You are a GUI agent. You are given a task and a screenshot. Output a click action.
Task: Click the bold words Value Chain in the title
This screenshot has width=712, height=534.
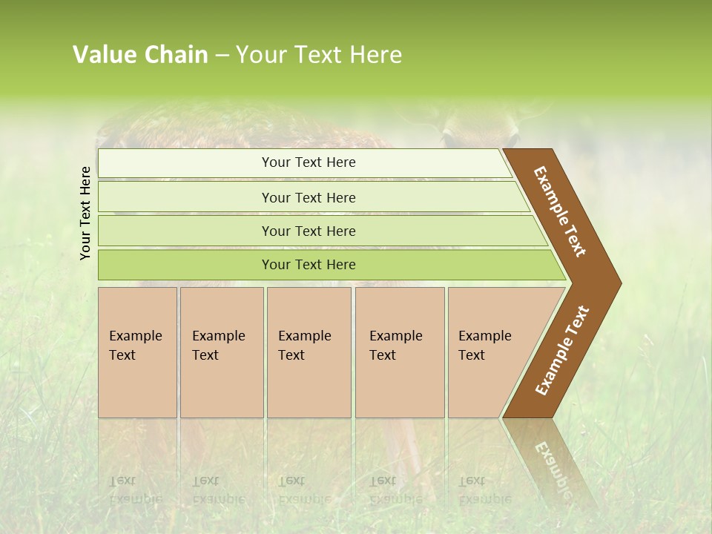[140, 55]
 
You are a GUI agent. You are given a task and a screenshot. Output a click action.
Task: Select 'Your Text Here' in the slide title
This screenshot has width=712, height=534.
[319, 55]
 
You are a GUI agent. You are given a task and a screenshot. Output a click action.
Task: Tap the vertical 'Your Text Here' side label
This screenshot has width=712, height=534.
[86, 213]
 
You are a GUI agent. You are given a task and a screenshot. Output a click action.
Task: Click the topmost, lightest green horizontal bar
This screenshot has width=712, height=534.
[304, 163]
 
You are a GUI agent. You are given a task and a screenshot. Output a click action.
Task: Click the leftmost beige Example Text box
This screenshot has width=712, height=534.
[137, 352]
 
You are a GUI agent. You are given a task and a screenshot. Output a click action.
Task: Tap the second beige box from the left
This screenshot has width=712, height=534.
[221, 352]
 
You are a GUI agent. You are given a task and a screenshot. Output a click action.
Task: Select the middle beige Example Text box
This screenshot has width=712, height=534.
[309, 352]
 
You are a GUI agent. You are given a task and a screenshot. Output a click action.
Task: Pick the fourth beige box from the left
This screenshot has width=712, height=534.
[399, 352]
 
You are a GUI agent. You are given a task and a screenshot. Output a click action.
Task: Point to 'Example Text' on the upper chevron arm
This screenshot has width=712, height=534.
[560, 211]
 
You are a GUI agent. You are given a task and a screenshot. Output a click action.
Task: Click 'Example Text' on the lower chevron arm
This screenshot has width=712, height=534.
[561, 351]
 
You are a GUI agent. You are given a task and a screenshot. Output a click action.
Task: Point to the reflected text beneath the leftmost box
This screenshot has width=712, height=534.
[135, 489]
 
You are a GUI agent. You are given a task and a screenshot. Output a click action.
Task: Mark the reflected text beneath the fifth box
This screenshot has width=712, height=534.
[484, 489]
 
